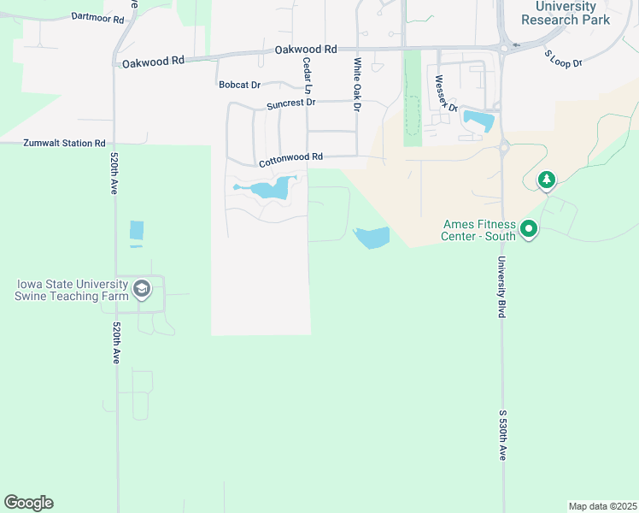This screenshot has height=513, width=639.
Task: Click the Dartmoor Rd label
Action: pyautogui.click(x=98, y=17)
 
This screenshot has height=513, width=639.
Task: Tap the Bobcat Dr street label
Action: pyautogui.click(x=239, y=85)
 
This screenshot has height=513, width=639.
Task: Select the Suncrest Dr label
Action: pyautogui.click(x=290, y=103)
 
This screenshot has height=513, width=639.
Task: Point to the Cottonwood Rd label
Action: pyautogui.click(x=290, y=157)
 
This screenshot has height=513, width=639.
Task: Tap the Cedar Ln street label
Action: pyautogui.click(x=305, y=76)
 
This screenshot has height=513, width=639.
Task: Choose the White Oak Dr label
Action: pyautogui.click(x=357, y=84)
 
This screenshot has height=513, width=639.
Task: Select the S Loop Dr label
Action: pyautogui.click(x=563, y=59)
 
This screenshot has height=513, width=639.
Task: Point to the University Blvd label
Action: pyautogui.click(x=502, y=287)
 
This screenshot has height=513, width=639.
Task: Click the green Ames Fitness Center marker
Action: pyautogui.click(x=529, y=228)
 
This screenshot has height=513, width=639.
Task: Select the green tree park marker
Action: pyautogui.click(x=547, y=180)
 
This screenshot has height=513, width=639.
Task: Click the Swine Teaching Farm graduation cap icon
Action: pyautogui.click(x=142, y=290)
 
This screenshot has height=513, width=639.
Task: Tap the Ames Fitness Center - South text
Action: pyautogui.click(x=478, y=230)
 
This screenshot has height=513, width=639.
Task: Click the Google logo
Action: pyautogui.click(x=28, y=503)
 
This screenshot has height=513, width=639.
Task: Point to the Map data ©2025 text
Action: pyautogui.click(x=602, y=506)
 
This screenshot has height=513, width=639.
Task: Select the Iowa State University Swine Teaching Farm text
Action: pyautogui.click(x=72, y=290)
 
